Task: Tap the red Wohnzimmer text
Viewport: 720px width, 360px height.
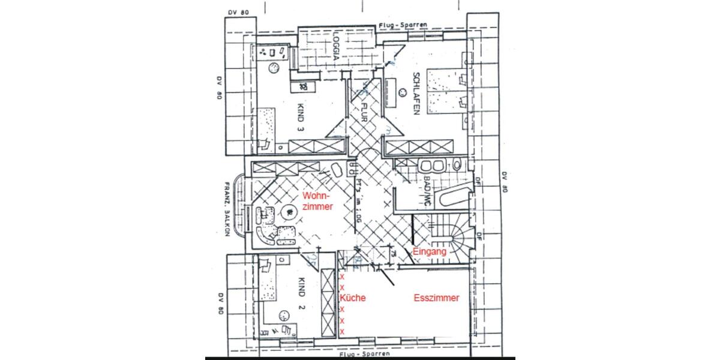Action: pos(317,201)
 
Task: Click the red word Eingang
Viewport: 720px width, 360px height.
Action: pos(430,253)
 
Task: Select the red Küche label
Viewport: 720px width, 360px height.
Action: pos(353,298)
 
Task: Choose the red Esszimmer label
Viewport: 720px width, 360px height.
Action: pos(437,298)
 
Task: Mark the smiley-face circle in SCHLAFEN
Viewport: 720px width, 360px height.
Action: pos(400,93)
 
